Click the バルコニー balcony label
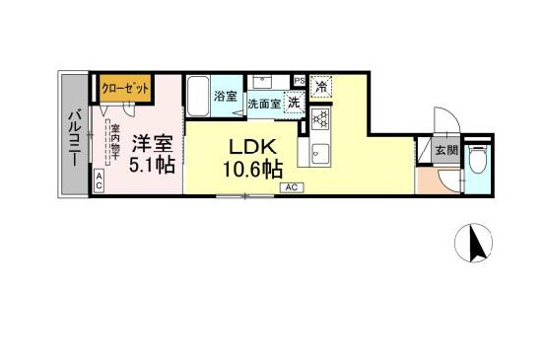tap(75, 133)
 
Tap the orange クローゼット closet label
tap(126, 88)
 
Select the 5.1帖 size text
tap(153, 166)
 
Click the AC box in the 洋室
tap(100, 180)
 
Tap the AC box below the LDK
tap(292, 186)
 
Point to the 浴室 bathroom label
tap(226, 97)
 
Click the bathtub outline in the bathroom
tap(200, 96)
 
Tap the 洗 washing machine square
tap(294, 103)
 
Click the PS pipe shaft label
tap(298, 80)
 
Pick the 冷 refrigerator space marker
tap(321, 87)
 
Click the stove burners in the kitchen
tap(320, 120)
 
